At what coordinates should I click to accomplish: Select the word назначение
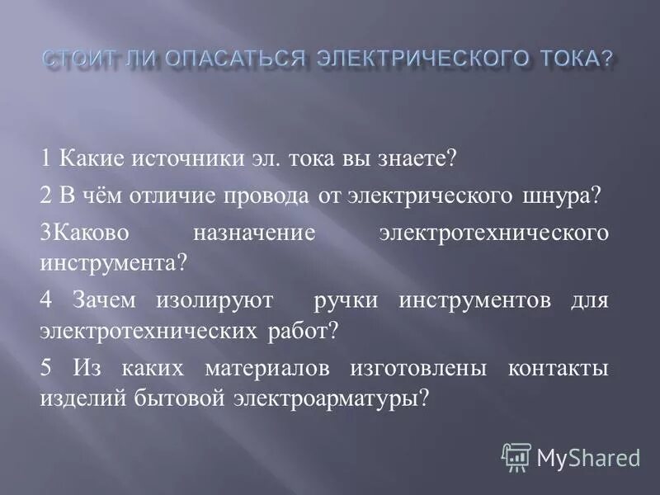(x=254, y=233)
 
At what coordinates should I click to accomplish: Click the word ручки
(x=346, y=301)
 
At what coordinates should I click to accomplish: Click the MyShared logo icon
(x=516, y=456)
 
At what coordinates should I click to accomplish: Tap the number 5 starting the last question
(x=45, y=368)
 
